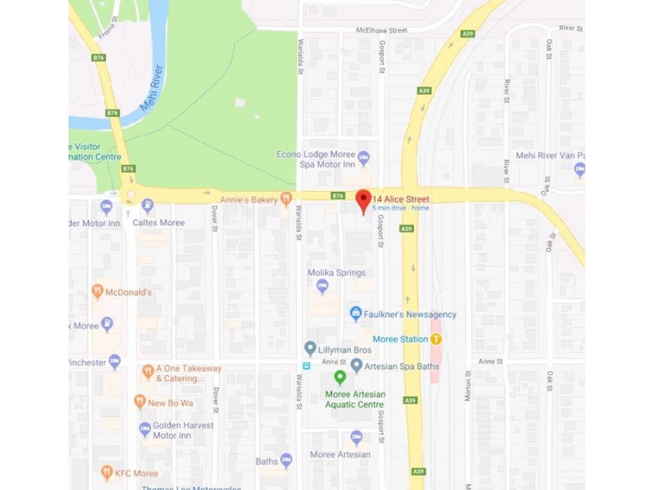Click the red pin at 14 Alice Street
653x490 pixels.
(363, 198)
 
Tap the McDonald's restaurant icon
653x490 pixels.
(97, 292)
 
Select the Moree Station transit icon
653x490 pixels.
(437, 339)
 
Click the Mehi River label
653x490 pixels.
(147, 100)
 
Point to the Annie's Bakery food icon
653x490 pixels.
(286, 198)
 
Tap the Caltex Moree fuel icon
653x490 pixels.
(147, 206)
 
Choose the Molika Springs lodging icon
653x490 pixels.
(322, 286)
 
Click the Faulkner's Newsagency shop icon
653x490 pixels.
(355, 314)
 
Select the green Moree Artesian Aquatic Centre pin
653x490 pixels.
(340, 377)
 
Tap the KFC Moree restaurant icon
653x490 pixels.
(106, 472)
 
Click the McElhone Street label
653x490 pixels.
(380, 30)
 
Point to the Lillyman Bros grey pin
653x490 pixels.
(310, 349)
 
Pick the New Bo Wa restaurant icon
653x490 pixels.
(140, 402)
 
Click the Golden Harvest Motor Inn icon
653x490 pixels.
(144, 428)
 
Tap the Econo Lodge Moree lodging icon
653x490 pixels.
(363, 158)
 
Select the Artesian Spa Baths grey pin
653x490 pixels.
(357, 364)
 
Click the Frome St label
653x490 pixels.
(107, 31)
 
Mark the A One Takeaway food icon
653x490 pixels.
(148, 372)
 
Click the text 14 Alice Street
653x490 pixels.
(401, 198)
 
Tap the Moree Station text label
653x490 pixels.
(400, 339)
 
